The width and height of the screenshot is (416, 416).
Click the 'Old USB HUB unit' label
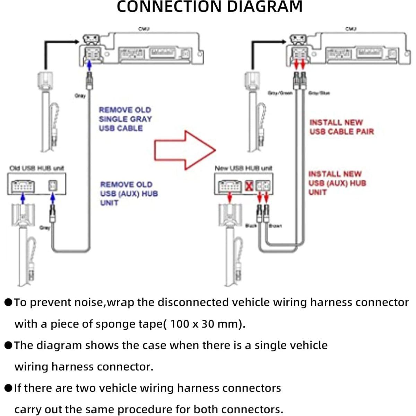[36, 168]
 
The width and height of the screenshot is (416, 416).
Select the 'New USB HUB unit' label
[243, 168]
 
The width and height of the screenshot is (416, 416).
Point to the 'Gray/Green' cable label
[280, 93]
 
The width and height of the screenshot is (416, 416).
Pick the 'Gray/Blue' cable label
[319, 93]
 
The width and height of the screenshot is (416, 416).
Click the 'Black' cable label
[251, 226]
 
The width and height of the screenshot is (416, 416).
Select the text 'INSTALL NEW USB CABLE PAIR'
[341, 127]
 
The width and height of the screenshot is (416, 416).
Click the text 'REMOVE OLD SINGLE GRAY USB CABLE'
[125, 119]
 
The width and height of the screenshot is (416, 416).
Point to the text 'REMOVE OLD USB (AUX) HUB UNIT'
[129, 193]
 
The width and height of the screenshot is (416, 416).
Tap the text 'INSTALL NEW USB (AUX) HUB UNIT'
[337, 183]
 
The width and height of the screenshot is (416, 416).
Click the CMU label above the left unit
[144, 29]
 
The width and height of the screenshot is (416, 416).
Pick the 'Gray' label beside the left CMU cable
[80, 96]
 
